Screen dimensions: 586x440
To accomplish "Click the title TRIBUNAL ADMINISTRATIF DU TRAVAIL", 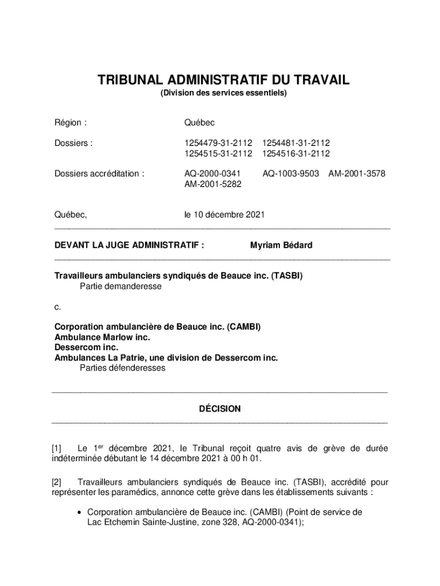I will coord(223,80).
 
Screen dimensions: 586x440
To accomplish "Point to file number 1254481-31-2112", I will coord(295,143).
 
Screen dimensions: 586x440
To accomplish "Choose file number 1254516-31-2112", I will coord(295,153).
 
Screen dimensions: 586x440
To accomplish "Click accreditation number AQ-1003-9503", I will coord(290,173).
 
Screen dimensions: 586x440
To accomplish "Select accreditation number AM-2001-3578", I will coord(357,173).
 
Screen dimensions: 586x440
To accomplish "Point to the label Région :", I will coord(70,123).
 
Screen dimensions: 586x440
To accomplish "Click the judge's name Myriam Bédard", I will coord(281,245).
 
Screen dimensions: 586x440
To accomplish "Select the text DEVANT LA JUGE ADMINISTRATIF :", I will coord(129,245).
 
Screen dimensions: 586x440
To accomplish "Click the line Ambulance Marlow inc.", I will coord(102,337).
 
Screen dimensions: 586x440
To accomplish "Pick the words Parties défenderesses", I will coord(122,368).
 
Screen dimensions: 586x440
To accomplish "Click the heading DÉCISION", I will coord(219,409).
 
